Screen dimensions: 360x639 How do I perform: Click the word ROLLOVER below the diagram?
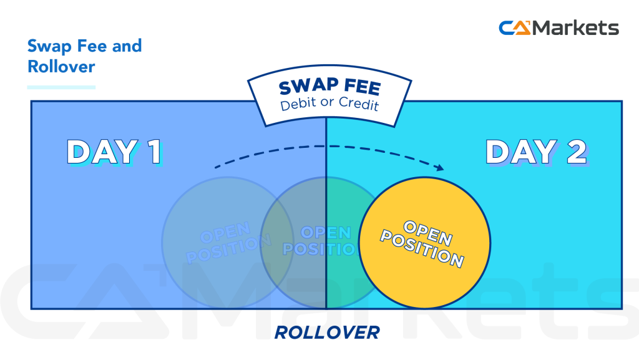326,333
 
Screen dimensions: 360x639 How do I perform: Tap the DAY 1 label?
114,152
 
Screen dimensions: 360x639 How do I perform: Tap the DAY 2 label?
535,152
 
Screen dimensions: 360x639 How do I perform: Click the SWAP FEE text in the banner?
329,87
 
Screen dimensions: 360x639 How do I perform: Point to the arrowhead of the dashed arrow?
441,167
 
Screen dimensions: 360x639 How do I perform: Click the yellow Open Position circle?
424,243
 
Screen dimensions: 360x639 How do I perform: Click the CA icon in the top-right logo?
514,28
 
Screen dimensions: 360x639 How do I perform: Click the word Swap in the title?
47,46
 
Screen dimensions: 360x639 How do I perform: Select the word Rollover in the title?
61,66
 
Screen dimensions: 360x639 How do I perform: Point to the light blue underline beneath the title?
61,87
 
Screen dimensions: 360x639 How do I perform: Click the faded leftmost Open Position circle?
212,243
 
